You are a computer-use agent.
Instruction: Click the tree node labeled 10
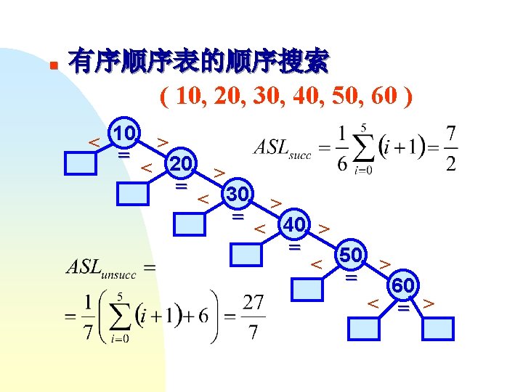(x=124, y=134)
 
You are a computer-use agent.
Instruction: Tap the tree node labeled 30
(x=238, y=195)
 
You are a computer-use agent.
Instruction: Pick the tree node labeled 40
(x=294, y=225)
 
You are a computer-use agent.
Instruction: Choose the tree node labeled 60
(x=404, y=286)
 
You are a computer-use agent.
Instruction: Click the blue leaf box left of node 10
(x=80, y=164)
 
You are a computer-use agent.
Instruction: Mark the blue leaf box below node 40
(x=247, y=256)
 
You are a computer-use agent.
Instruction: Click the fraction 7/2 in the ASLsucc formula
(x=451, y=150)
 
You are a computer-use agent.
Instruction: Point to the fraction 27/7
(x=252, y=316)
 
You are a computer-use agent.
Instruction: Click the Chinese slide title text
(x=198, y=62)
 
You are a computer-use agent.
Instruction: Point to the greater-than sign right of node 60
(x=429, y=301)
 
